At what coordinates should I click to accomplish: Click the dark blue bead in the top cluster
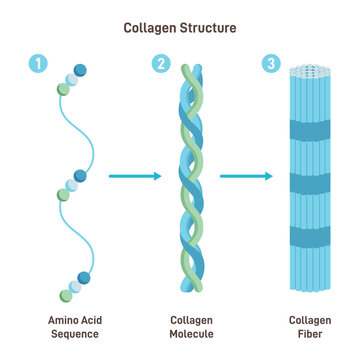tap(79, 69)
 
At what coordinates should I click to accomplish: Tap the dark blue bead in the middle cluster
tap(80, 176)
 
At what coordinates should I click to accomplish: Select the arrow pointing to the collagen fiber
tap(245, 177)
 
